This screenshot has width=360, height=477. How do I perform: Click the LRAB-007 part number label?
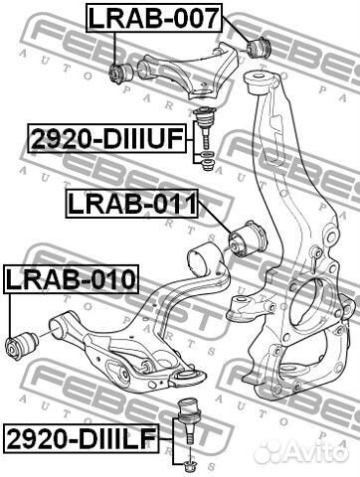(154, 18)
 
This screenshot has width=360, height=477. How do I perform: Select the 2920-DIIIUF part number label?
(106, 139)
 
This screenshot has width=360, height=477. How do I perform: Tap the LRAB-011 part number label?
(132, 204)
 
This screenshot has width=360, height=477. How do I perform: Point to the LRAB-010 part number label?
(71, 279)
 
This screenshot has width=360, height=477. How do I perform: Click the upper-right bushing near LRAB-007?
(260, 48)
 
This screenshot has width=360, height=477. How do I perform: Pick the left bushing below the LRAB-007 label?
(121, 73)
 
